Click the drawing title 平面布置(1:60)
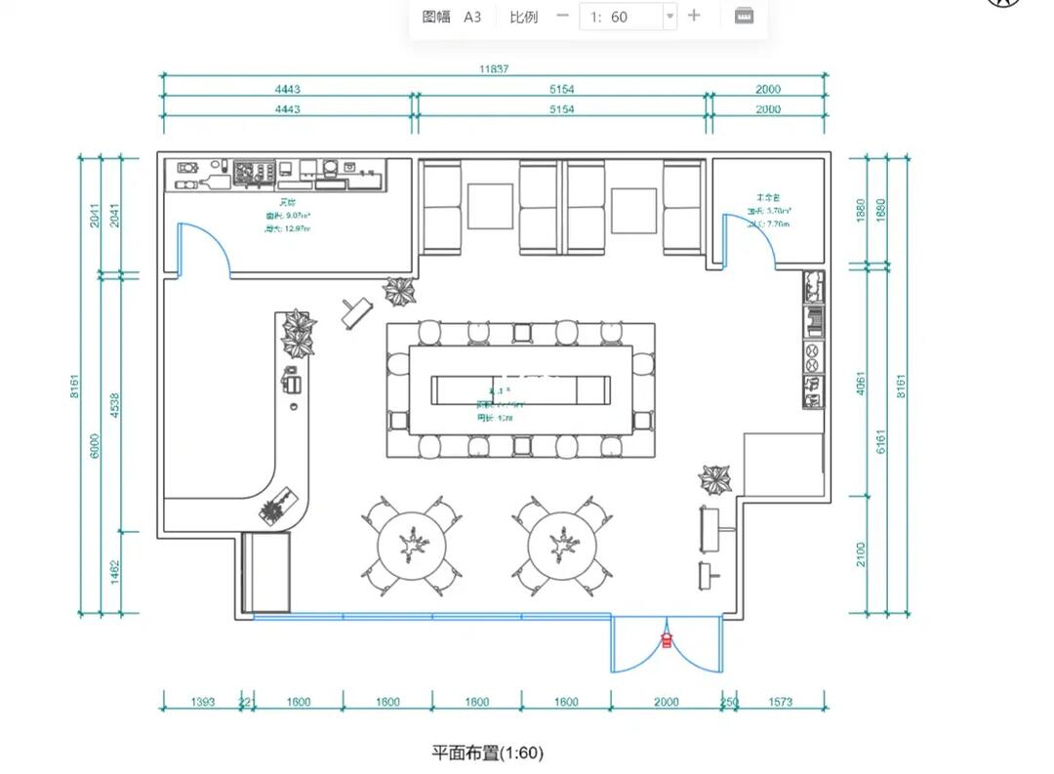(x=487, y=753)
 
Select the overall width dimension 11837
(x=493, y=69)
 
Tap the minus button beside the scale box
(x=562, y=16)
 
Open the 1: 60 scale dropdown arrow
(x=669, y=17)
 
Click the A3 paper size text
(x=472, y=17)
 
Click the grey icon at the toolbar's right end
(x=744, y=16)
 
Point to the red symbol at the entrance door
(x=667, y=640)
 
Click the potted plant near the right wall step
(x=715, y=479)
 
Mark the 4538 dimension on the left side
(x=114, y=404)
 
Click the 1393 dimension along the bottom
(x=203, y=702)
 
